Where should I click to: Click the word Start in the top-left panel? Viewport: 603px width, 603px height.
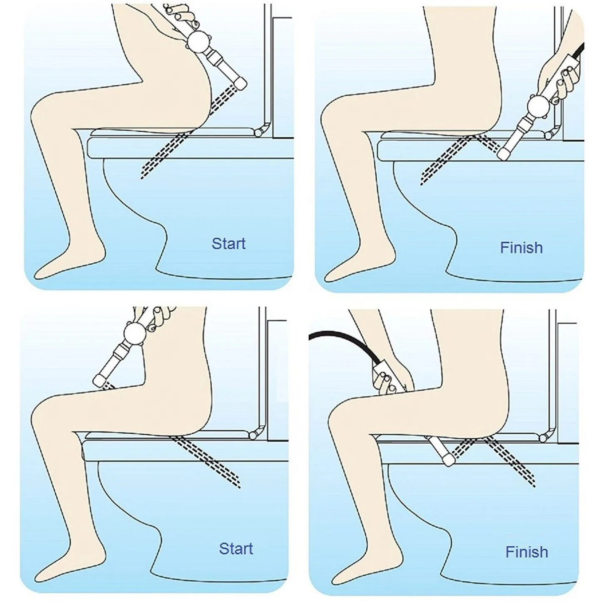click(228, 243)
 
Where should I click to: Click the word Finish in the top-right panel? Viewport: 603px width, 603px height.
click(521, 248)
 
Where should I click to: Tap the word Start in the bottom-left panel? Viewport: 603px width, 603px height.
click(236, 548)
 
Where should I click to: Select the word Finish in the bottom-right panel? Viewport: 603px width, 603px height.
click(526, 552)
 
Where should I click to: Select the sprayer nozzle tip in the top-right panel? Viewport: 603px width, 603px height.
click(504, 154)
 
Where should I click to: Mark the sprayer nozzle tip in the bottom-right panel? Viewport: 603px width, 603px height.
click(449, 459)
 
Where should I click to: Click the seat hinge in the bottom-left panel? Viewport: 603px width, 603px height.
click(252, 435)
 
